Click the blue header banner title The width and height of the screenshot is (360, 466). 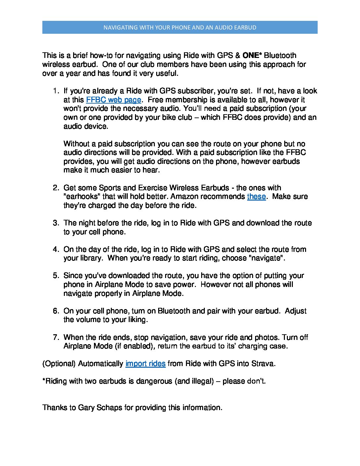[180, 27]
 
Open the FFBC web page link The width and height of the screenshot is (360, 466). [113, 100]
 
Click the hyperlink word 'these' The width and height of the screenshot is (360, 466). [256, 197]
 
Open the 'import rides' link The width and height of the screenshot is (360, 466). [145, 364]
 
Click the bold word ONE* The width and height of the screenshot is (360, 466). [252, 55]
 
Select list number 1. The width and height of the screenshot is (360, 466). [56, 91]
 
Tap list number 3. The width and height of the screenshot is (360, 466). [56, 223]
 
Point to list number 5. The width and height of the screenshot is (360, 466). [56, 276]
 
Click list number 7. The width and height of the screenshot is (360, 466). [56, 338]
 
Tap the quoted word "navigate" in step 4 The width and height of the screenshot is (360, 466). [266, 258]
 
